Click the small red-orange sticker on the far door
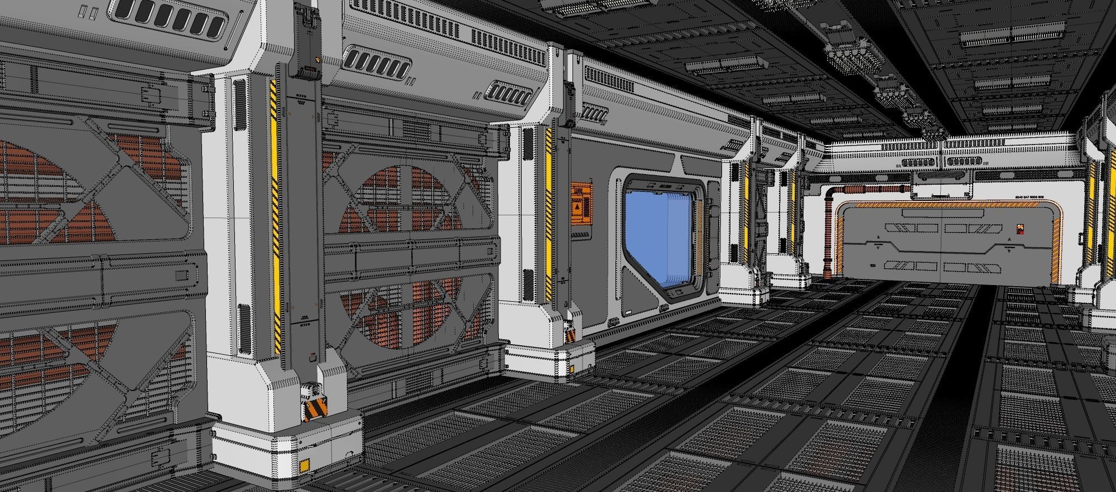coord(1019,229)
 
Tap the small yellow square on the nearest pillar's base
coord(305,465)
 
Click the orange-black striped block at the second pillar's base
coord(571,335)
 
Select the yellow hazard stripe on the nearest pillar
coord(274,218)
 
